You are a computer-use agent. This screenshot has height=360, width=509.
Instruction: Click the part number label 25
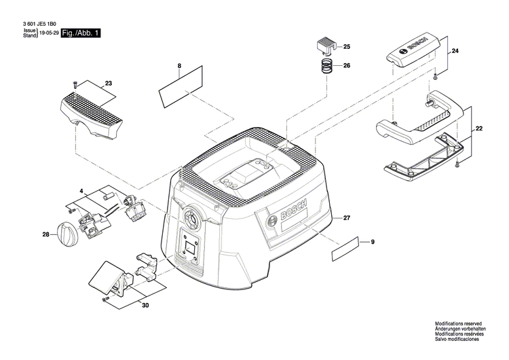[x=347, y=47]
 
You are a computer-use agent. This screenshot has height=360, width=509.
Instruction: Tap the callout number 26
[x=347, y=66]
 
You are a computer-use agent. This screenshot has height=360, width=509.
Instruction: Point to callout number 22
[x=480, y=128]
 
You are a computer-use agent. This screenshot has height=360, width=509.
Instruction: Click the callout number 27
[x=346, y=218]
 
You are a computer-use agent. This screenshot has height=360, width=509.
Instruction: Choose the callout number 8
[x=179, y=65]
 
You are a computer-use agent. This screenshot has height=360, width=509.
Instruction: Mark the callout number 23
[x=108, y=84]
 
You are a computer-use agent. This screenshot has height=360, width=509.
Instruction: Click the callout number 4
[x=81, y=192]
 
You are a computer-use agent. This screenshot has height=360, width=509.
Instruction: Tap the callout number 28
[x=45, y=235]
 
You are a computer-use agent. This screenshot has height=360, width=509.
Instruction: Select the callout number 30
[x=145, y=306]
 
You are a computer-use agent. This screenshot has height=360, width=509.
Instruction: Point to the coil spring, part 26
[x=326, y=67]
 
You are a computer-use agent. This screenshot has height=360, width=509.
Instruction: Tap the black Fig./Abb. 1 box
[x=80, y=33]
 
